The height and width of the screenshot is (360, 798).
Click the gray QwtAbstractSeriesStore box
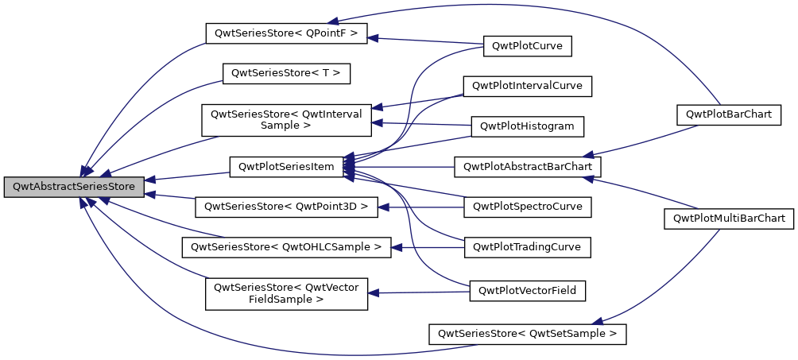[x=74, y=188]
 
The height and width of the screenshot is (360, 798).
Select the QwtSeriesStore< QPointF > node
[x=286, y=33]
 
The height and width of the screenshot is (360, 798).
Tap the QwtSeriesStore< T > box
[x=286, y=72]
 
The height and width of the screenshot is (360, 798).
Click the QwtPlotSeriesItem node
[x=286, y=167]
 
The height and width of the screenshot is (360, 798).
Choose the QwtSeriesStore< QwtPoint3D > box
[x=286, y=207]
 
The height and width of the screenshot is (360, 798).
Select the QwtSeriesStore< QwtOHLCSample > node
[x=286, y=247]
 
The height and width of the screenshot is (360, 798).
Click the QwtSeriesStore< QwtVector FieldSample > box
[x=286, y=293]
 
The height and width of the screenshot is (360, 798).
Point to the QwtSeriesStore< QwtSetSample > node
[x=528, y=334]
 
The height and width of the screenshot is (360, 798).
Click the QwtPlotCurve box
[x=527, y=46]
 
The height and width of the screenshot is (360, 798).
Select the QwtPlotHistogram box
[x=528, y=126]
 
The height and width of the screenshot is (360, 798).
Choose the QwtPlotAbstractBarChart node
[x=528, y=167]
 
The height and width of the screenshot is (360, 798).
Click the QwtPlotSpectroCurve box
[x=528, y=207]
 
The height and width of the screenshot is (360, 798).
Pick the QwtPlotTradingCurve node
[x=528, y=247]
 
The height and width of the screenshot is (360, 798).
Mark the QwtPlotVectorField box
[x=528, y=291]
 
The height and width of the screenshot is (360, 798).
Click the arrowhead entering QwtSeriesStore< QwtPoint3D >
[x=382, y=207]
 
